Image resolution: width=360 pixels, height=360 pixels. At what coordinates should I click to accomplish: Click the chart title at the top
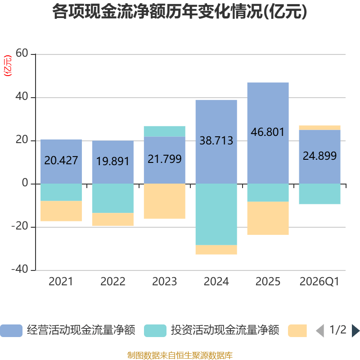coord(180,12)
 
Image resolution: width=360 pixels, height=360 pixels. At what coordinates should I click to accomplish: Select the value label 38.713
coord(216,141)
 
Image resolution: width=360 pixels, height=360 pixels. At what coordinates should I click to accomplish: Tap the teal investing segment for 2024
coord(216,214)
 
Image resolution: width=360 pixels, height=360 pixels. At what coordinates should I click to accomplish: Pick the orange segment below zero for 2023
coord(164,201)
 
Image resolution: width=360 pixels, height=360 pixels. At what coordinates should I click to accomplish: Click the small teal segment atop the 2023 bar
coord(164,131)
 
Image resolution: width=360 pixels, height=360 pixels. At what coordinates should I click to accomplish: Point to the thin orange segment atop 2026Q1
coord(319,127)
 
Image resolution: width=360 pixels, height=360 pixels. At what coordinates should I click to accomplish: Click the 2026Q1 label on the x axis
coord(319,282)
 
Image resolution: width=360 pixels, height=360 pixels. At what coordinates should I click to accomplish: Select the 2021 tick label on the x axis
coord(61,282)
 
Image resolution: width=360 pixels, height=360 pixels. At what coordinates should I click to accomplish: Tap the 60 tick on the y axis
coord(22,54)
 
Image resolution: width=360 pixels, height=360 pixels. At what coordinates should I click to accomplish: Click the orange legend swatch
coord(297,331)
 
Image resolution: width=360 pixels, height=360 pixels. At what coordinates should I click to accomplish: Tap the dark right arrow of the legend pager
coord(355,331)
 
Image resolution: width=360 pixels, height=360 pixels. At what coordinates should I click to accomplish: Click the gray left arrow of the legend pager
coord(320,331)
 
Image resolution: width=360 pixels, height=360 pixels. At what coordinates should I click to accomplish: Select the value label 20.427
coord(61,160)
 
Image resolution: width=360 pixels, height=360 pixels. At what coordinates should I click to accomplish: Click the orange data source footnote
coord(180,355)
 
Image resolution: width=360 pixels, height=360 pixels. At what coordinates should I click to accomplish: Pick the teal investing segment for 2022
coord(112,198)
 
